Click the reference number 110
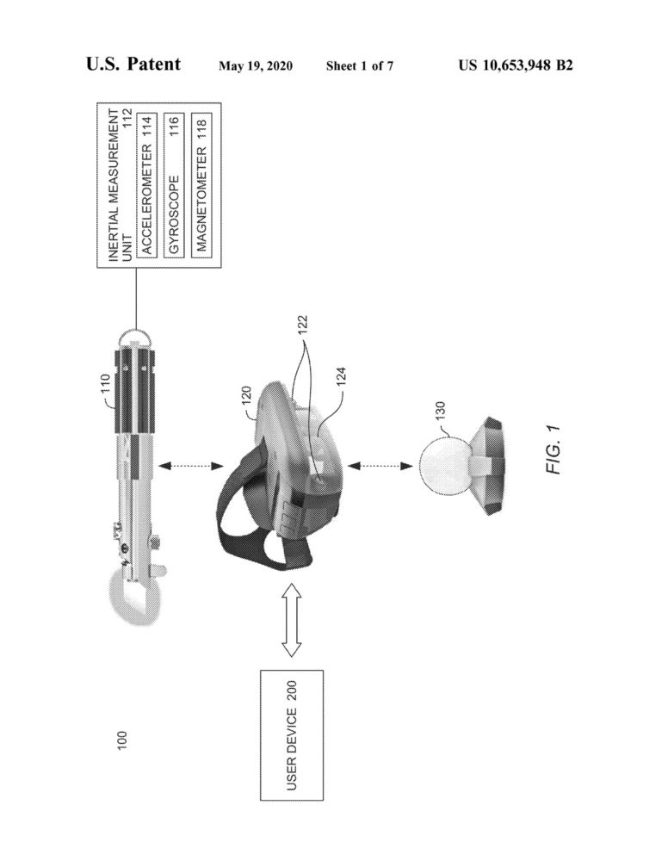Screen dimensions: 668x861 click(x=105, y=384)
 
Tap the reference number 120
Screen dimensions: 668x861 click(x=246, y=396)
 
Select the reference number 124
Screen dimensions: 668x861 click(x=341, y=377)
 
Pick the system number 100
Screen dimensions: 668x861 click(x=122, y=740)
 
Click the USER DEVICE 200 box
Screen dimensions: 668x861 click(x=292, y=735)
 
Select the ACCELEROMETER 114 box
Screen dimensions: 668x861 click(x=146, y=184)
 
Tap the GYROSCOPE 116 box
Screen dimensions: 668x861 click(x=174, y=184)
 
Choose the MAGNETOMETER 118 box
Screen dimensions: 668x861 click(x=201, y=184)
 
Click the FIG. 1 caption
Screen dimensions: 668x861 click(x=554, y=449)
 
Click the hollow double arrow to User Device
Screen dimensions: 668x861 click(x=292, y=620)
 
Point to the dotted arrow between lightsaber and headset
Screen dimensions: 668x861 click(x=191, y=466)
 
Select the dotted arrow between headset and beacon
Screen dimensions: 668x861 click(x=380, y=466)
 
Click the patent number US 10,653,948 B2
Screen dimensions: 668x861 click(x=516, y=65)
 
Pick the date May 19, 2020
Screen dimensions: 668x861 click(x=255, y=66)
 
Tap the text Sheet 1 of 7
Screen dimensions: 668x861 click(x=360, y=66)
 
